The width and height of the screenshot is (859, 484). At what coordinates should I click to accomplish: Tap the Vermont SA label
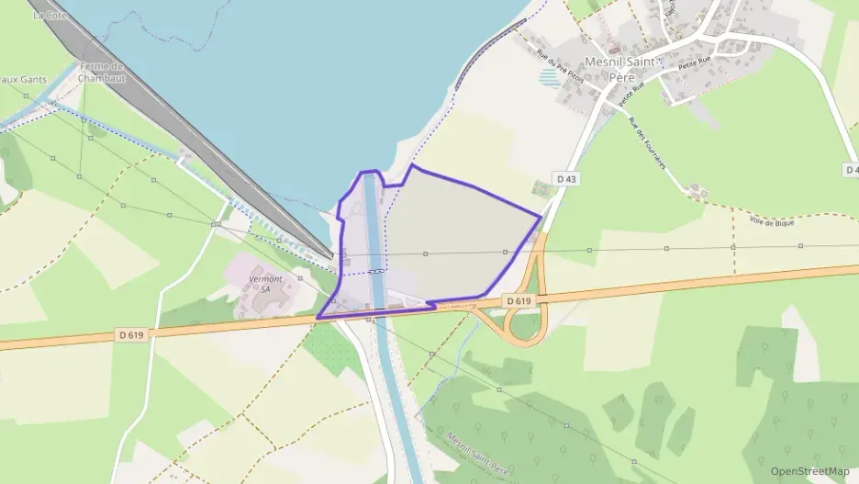[x=266, y=283]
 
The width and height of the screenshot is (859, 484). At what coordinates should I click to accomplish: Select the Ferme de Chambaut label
[x=101, y=73]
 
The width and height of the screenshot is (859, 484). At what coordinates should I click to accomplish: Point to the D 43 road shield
[x=565, y=176]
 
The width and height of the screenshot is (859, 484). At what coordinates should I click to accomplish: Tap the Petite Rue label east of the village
[x=695, y=66]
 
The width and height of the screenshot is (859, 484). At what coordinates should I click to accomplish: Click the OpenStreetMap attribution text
[x=809, y=471]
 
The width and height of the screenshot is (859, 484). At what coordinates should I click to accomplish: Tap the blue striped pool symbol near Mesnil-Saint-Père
[x=550, y=77]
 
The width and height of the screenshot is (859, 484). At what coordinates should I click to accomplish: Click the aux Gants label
[x=23, y=80]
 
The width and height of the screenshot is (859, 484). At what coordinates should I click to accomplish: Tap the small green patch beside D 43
[x=541, y=188]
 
